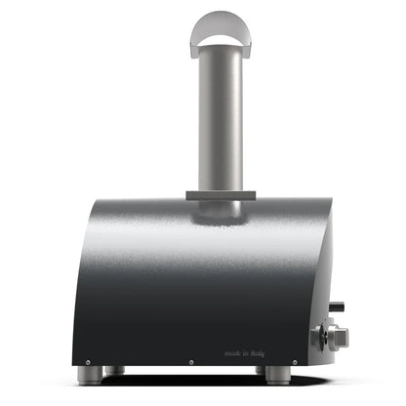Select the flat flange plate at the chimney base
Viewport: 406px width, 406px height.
[220, 195]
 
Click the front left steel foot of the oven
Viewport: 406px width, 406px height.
[89, 374]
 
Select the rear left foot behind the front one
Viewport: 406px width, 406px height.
[116, 370]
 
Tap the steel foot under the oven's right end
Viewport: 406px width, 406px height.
[277, 374]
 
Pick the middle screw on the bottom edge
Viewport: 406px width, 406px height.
[192, 360]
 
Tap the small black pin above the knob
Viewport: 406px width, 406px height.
[337, 307]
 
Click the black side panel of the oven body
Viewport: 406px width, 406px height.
[176, 293]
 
